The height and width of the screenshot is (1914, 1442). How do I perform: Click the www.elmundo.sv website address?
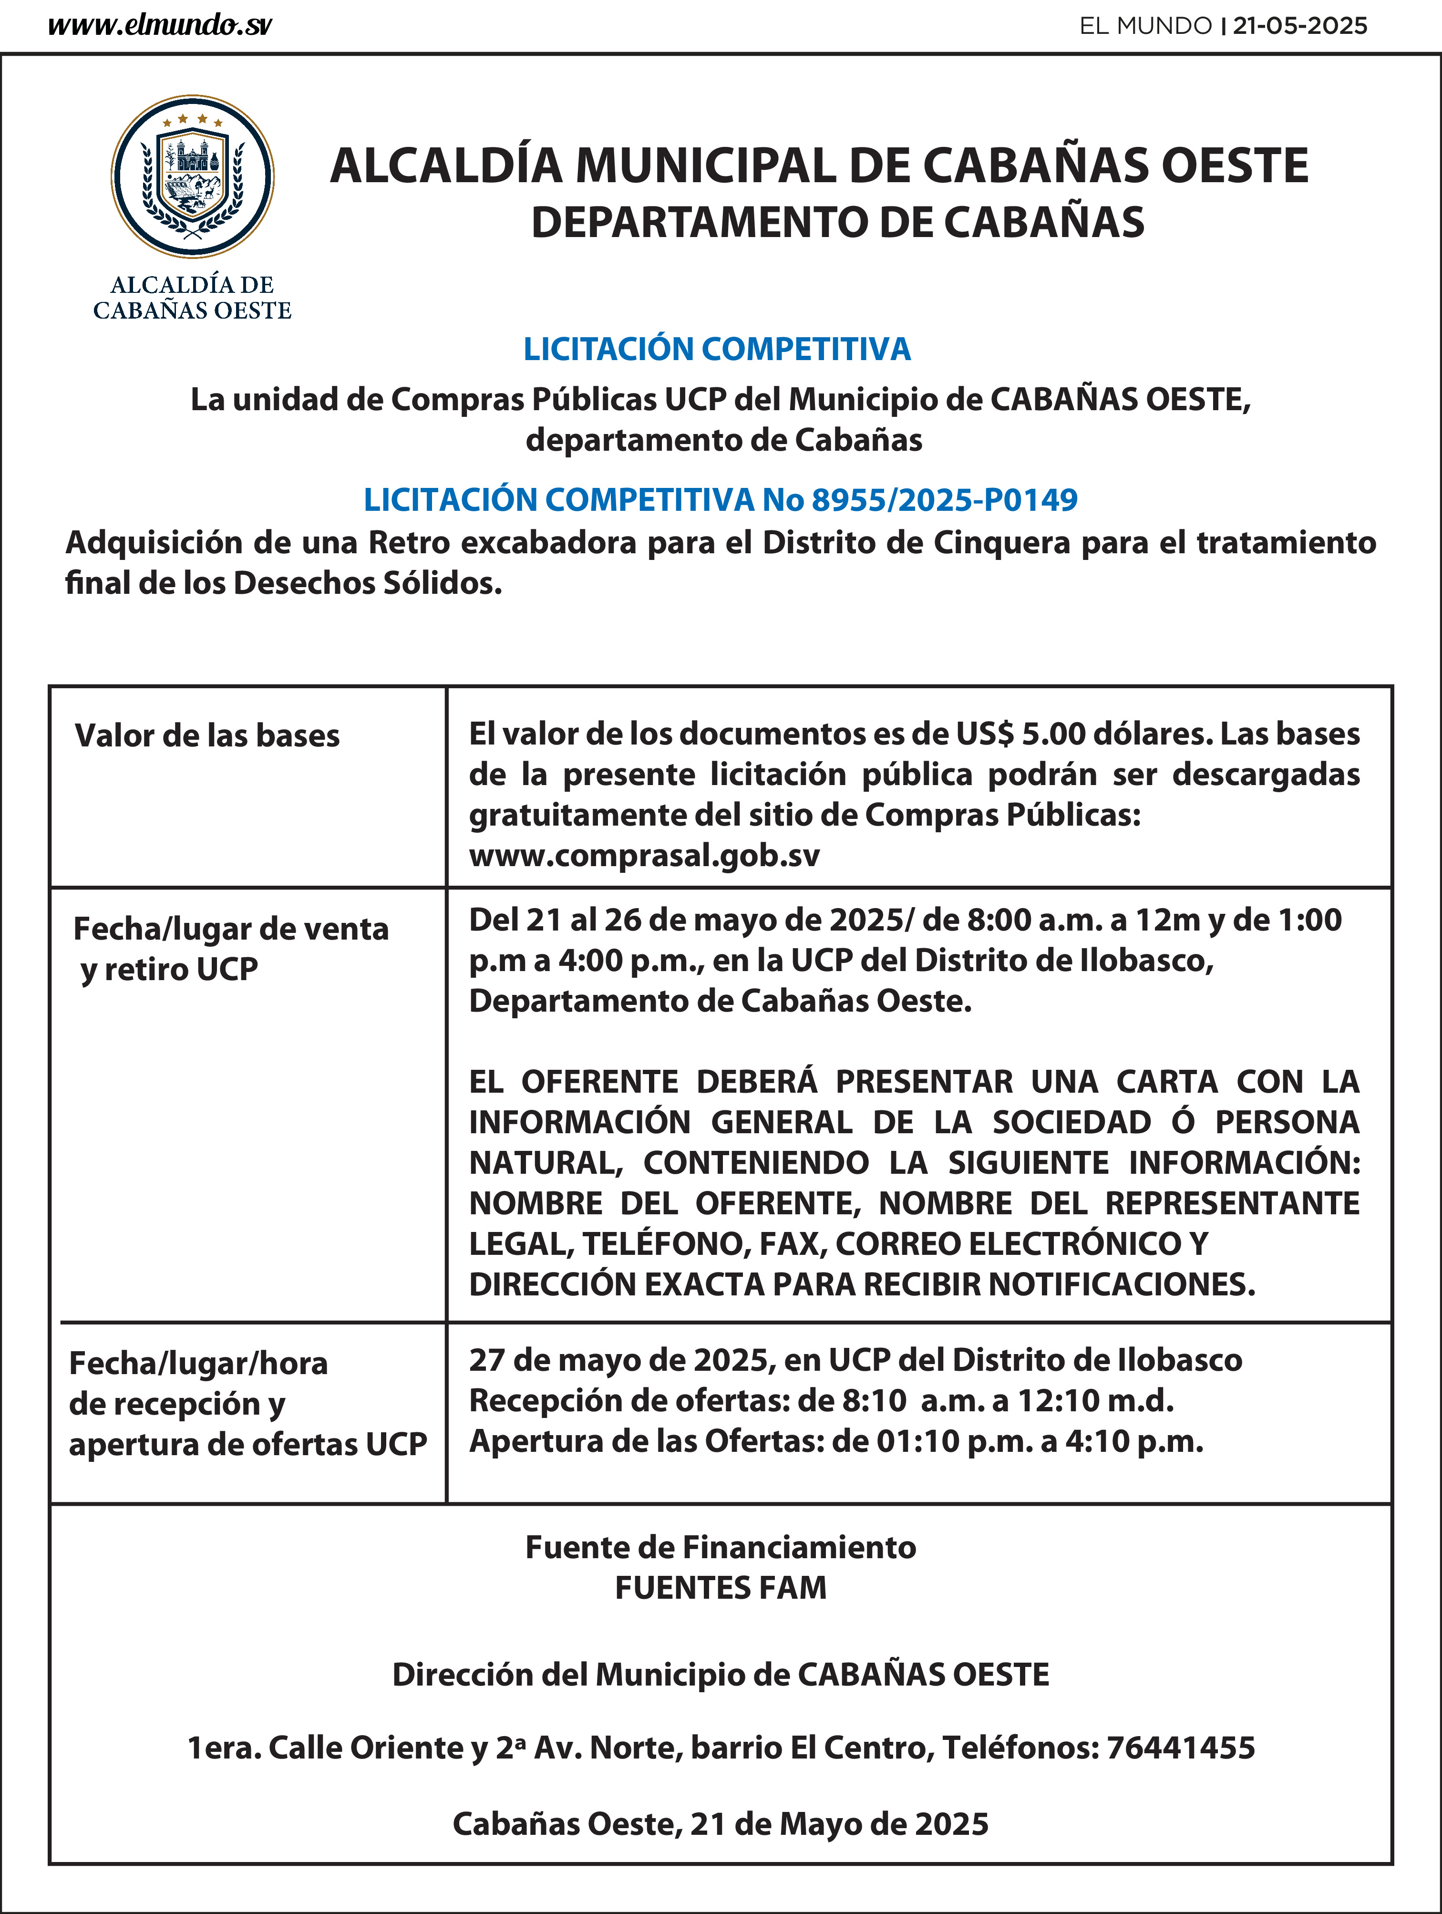click(160, 26)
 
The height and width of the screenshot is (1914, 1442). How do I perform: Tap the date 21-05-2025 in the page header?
click(1299, 26)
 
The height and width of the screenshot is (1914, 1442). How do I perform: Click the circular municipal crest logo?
click(192, 176)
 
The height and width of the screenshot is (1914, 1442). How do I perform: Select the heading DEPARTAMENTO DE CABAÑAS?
click(837, 222)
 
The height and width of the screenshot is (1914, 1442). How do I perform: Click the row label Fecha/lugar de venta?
click(231, 929)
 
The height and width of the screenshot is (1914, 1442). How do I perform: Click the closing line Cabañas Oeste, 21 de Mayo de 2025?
click(721, 1823)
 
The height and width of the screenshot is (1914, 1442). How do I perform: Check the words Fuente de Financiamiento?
click(721, 1547)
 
